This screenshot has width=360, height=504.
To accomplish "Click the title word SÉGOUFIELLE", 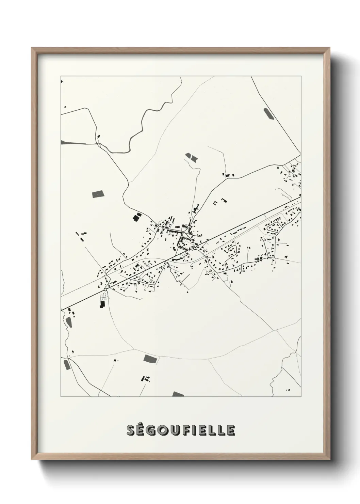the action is point(180,430).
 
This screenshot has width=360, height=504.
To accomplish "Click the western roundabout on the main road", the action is point(105,289).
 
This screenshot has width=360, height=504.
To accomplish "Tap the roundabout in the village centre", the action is point(194,249).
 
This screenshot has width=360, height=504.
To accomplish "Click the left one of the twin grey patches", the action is point(188,156).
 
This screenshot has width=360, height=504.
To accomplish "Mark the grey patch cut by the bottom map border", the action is point(178,394).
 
